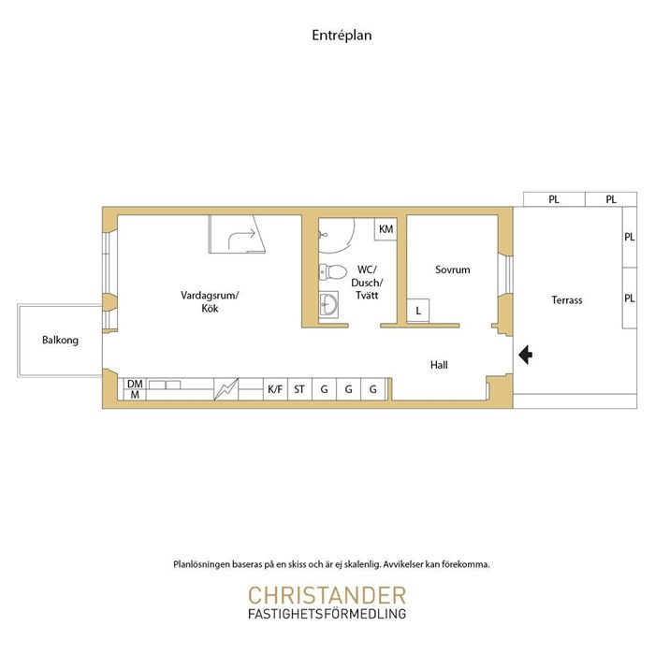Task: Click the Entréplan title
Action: click(342, 36)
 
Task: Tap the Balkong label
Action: click(60, 340)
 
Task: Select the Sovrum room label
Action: click(452, 269)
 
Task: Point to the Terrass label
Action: click(566, 300)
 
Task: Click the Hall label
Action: click(439, 365)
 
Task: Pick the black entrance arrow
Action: click(526, 355)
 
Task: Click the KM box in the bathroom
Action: click(386, 229)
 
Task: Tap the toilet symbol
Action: click(333, 272)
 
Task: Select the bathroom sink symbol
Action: click(328, 304)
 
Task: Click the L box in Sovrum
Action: click(418, 311)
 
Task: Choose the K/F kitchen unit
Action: click(275, 389)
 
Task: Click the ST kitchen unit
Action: click(299, 389)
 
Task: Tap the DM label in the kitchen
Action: click(135, 384)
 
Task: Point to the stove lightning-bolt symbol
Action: click(226, 389)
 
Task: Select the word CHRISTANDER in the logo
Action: click(327, 595)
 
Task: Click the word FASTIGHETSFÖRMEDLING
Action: click(327, 614)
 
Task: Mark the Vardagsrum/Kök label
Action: click(210, 301)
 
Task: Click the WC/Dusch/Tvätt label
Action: click(367, 283)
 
